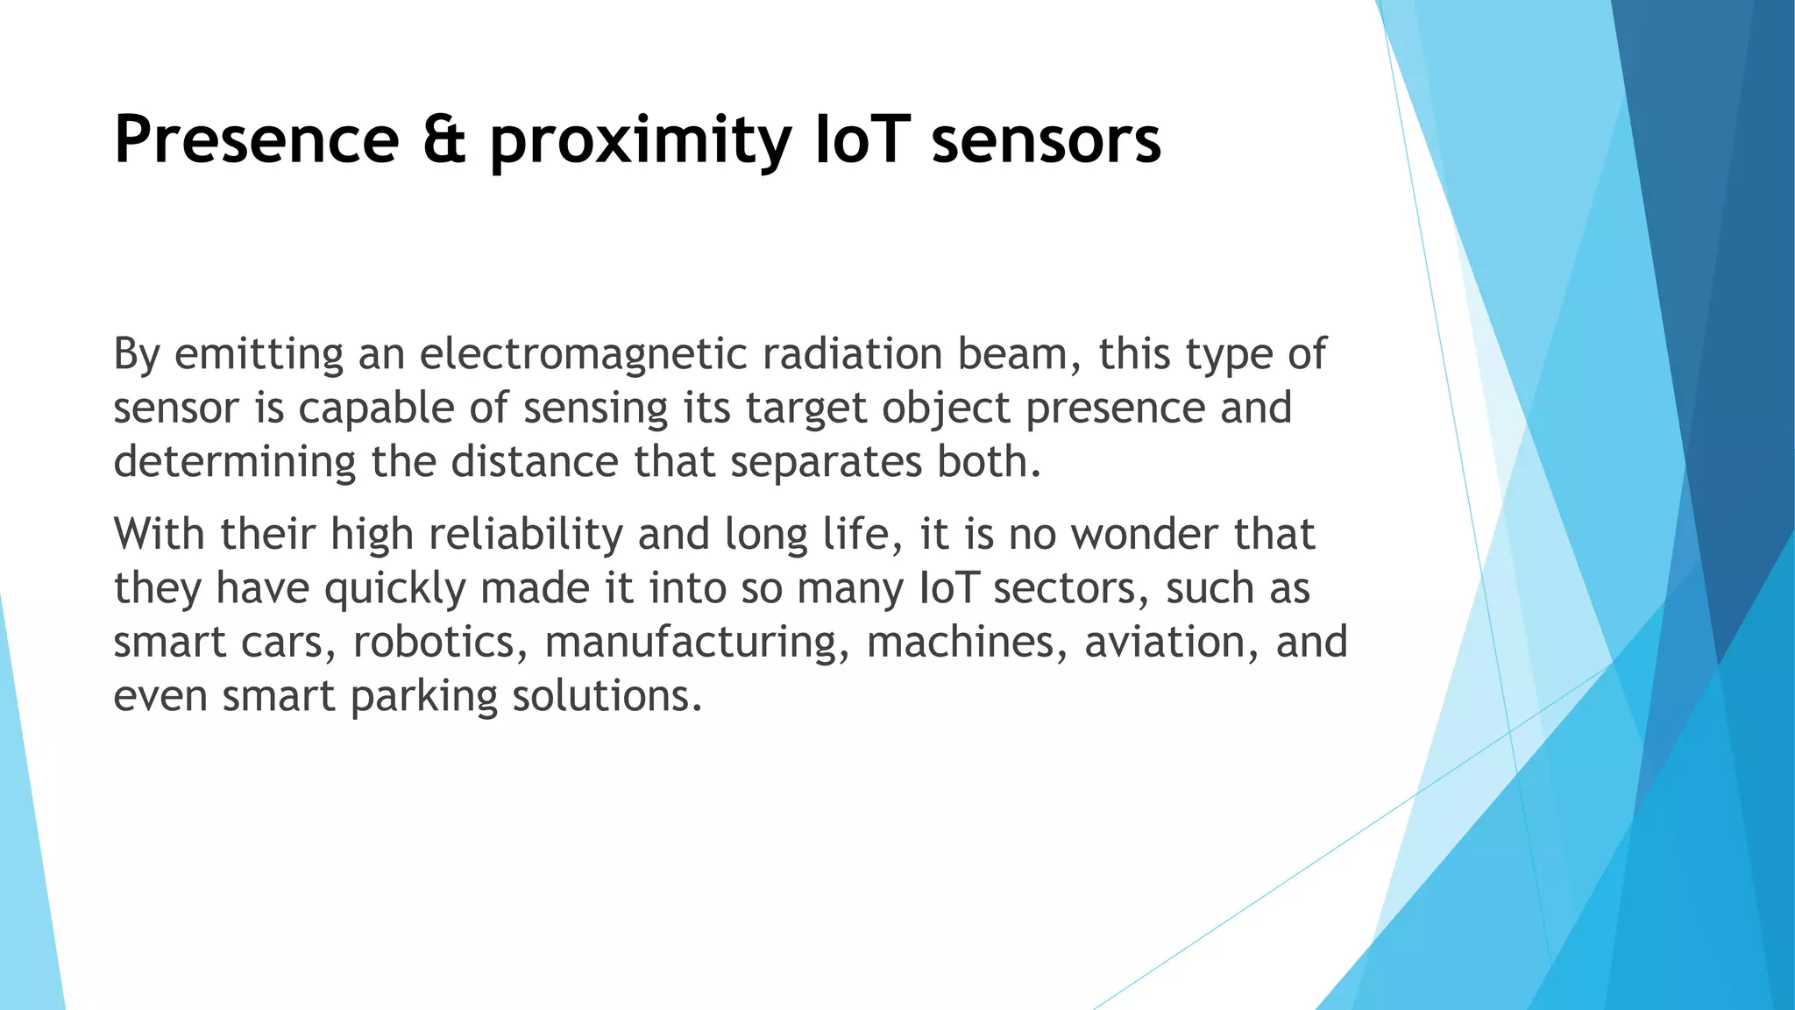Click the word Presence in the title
click(x=257, y=139)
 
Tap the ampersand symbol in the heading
click(x=444, y=139)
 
